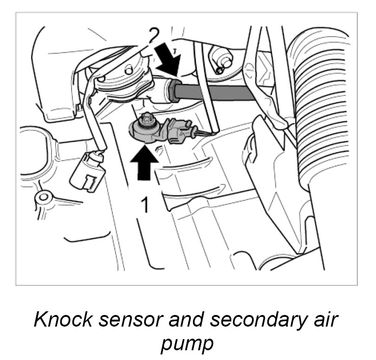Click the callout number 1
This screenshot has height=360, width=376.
click(145, 204)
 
